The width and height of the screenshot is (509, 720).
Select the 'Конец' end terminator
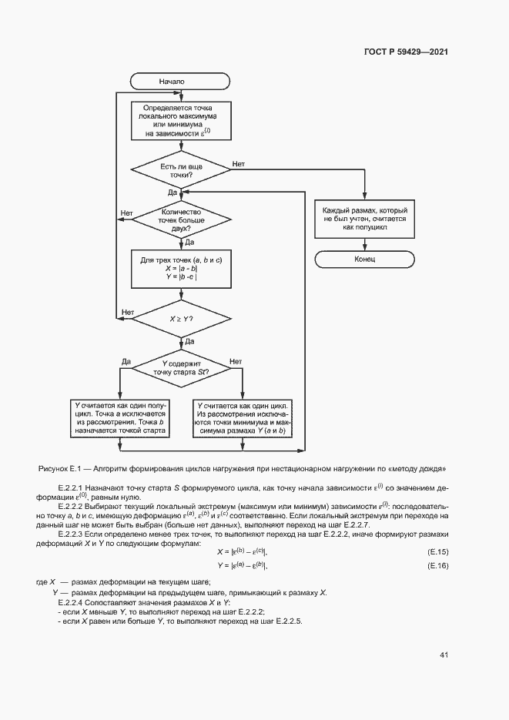click(364, 260)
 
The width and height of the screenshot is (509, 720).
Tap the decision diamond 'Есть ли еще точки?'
click(181, 171)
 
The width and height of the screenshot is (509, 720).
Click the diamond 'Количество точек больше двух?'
click(181, 220)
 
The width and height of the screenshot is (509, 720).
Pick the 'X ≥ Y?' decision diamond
click(181, 317)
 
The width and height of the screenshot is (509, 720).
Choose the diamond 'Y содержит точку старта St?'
click(181, 368)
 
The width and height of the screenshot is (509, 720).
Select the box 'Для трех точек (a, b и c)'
click(181, 269)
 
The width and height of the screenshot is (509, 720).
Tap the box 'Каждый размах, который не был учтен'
click(365, 219)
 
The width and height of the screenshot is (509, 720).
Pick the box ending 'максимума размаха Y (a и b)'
click(243, 418)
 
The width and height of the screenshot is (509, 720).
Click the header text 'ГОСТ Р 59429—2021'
click(405, 52)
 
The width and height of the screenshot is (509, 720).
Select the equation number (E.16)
click(437, 567)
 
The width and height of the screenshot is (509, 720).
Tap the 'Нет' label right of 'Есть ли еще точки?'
click(239, 164)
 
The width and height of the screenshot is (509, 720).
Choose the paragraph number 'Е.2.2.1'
click(72, 489)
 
